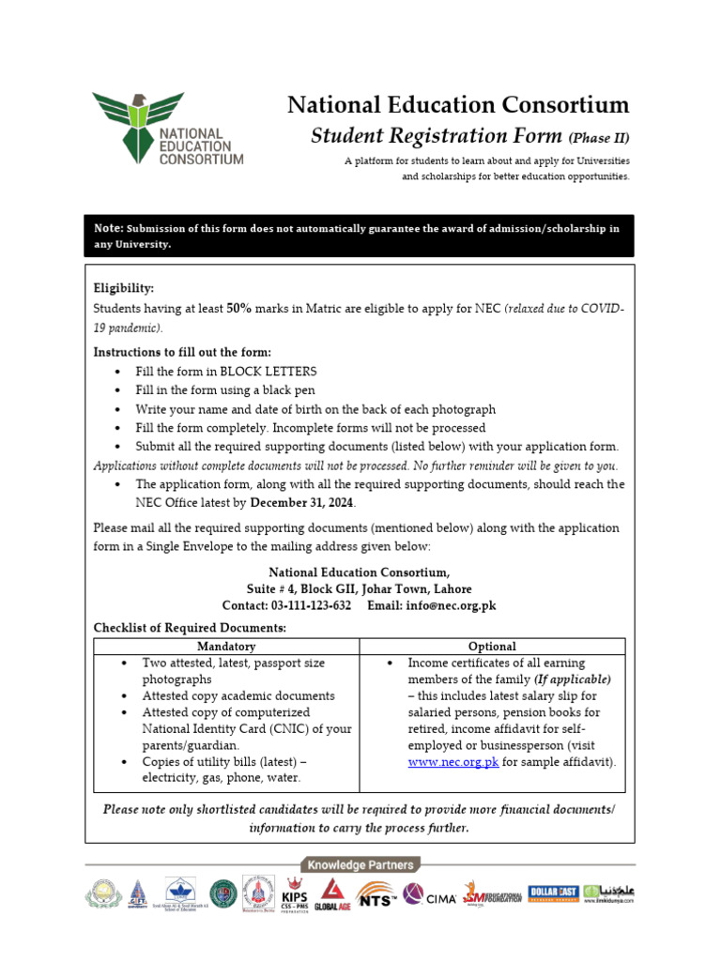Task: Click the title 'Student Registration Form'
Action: [x=437, y=137]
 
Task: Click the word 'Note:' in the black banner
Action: [x=109, y=228]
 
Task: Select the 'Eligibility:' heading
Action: [x=124, y=289]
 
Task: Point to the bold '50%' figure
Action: [x=238, y=308]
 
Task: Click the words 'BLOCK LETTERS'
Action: [x=268, y=372]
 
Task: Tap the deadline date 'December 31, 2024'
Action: [x=302, y=503]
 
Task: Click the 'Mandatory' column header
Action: [x=225, y=647]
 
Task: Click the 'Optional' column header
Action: [x=492, y=647]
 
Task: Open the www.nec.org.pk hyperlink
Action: [x=453, y=762]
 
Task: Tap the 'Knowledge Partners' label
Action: [x=360, y=864]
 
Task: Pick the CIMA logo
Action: [x=429, y=895]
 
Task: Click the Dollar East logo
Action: [x=552, y=892]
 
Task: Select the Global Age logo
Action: [x=331, y=894]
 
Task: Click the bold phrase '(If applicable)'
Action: [x=572, y=679]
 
